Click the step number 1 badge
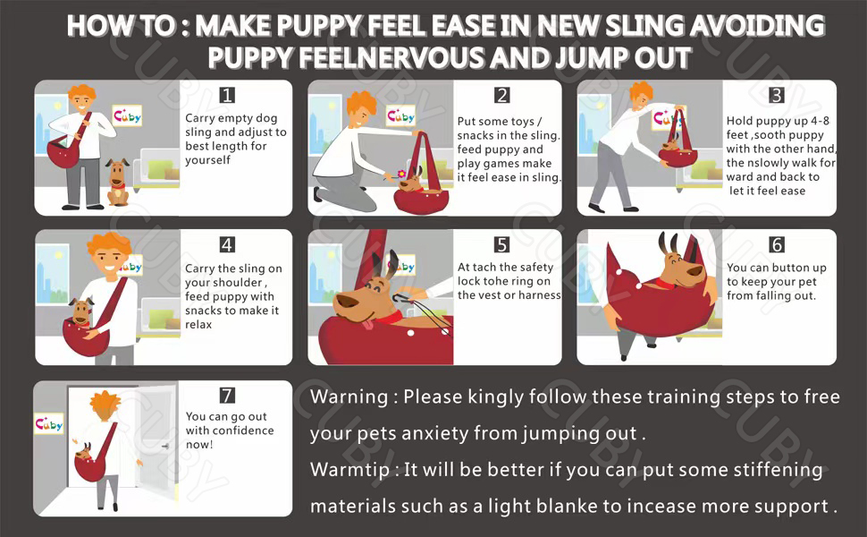coord(227,95)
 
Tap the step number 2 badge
coord(502,95)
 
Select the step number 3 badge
coord(777,95)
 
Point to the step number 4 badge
coord(227,244)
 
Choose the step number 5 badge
coord(502,244)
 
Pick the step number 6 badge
coord(777,244)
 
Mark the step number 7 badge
coord(227,396)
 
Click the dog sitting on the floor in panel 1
coord(118,183)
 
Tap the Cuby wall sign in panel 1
coord(127,115)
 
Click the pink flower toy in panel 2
coord(401,174)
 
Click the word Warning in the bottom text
coord(349,397)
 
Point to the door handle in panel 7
coord(164,446)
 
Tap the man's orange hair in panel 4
coord(110,244)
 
